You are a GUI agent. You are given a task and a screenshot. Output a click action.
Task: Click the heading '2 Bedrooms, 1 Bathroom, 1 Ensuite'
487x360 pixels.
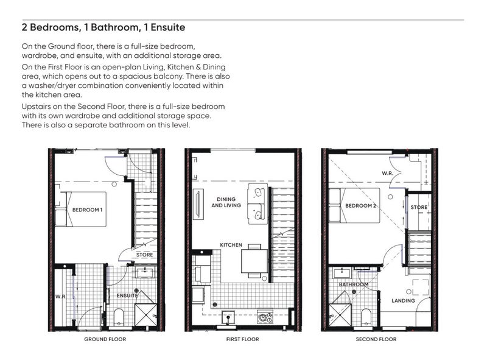(103, 27)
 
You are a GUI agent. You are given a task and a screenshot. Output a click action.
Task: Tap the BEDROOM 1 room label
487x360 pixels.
(87, 210)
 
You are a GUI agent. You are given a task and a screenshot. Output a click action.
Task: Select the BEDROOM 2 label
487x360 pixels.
(360, 206)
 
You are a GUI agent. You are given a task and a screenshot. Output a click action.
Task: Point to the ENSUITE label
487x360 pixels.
(127, 295)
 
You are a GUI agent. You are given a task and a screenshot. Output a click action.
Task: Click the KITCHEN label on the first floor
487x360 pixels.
(231, 245)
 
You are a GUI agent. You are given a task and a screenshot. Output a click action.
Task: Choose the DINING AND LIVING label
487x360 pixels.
(226, 202)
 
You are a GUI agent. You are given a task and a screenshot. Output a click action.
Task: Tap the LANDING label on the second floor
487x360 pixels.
(403, 301)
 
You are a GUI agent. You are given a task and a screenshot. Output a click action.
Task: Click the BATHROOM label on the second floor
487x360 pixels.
(354, 284)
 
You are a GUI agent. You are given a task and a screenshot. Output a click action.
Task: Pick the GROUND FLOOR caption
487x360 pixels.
(105, 339)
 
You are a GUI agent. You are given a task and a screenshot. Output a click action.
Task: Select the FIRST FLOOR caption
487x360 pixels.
(242, 339)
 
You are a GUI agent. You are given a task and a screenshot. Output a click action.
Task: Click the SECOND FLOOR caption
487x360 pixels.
(376, 339)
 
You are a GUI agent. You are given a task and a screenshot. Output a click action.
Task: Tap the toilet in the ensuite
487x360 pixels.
(119, 317)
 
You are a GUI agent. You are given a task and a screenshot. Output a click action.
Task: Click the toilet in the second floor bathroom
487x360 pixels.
(366, 317)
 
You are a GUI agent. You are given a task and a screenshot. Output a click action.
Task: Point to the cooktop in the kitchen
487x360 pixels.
(265, 317)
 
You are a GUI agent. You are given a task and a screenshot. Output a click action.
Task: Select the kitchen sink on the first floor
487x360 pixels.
(229, 318)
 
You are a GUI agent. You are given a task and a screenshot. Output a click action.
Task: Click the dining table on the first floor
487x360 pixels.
(254, 261)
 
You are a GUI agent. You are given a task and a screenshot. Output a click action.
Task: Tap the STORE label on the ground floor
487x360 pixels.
(144, 255)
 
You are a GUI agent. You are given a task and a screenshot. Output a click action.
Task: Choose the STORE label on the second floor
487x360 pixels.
(419, 207)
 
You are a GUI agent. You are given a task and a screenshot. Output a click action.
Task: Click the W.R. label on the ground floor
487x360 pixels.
(60, 297)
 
